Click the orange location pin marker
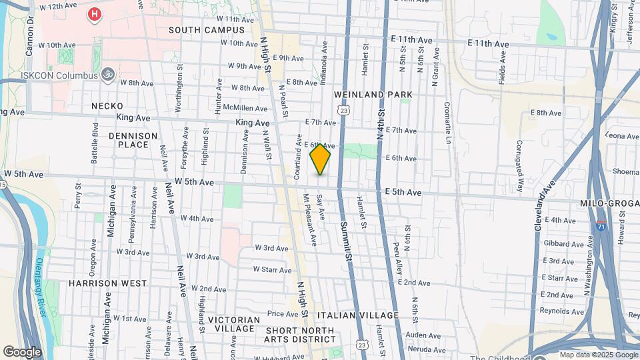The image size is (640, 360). tap(320, 159)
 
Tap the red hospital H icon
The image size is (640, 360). tap(95, 14)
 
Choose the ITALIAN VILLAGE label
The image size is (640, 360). tap(357, 315)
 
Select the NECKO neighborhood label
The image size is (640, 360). tap(107, 106)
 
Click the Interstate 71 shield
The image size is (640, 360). tap(601, 226)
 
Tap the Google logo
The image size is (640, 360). tap(22, 351)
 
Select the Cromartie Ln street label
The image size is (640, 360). tap(447, 123)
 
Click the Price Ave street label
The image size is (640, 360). tap(282, 313)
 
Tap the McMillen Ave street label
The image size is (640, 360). tap(245, 107)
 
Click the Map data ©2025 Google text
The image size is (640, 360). tap(599, 355)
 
